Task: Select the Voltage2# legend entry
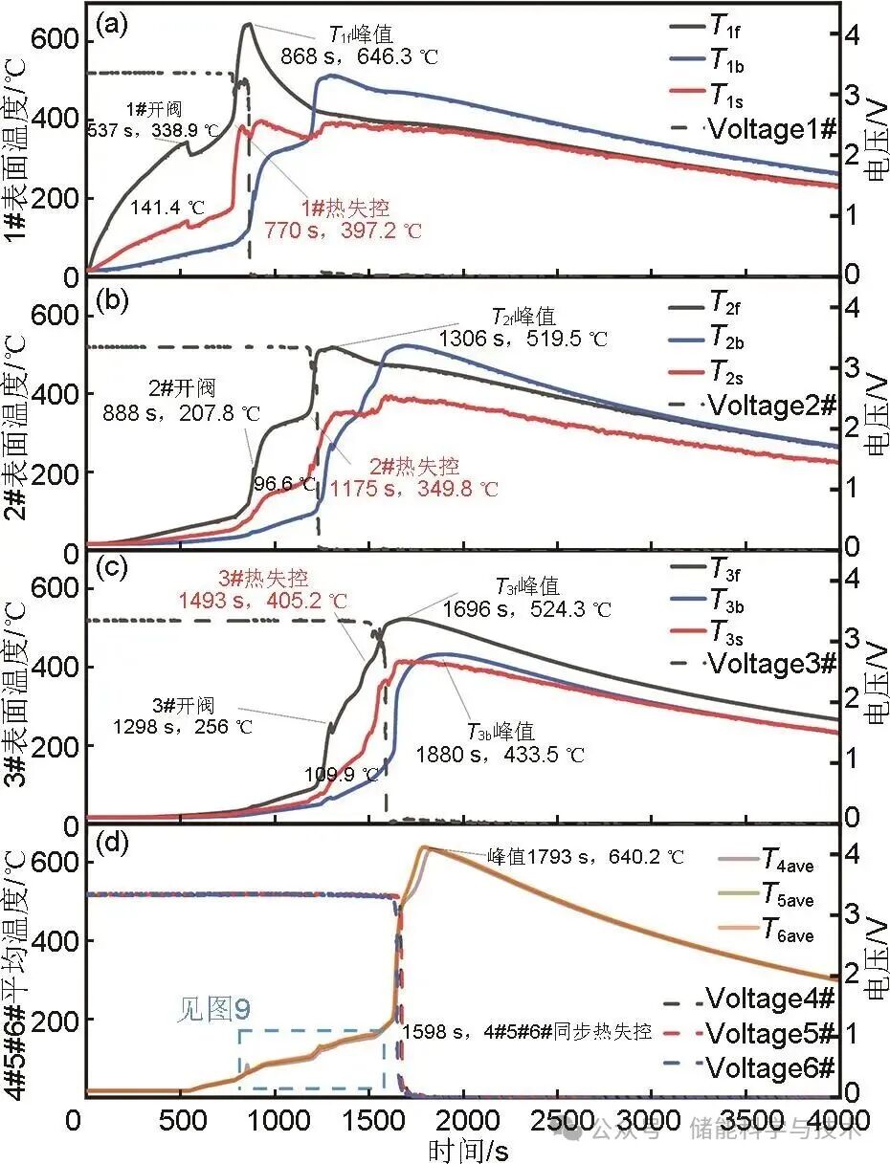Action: (770, 405)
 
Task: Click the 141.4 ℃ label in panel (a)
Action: (169, 207)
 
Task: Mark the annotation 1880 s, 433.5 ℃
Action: (500, 755)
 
